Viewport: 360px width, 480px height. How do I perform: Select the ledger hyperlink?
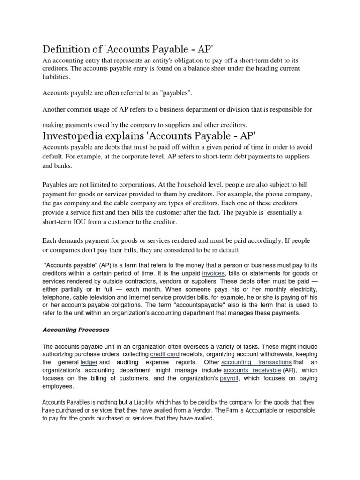click(x=89, y=362)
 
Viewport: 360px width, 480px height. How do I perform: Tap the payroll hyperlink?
click(x=229, y=379)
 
